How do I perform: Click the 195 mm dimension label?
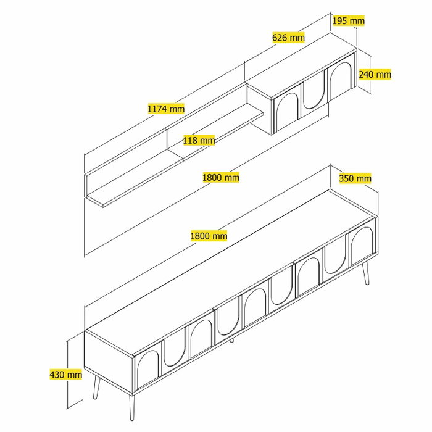[x=349, y=20]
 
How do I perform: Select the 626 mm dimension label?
[x=288, y=38]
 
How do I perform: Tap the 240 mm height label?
[x=375, y=74]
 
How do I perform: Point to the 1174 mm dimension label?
[x=166, y=109]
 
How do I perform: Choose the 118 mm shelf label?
[x=199, y=140]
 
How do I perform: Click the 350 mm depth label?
[x=355, y=178]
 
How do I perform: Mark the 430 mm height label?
[x=66, y=375]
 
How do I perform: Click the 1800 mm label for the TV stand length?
[x=209, y=236]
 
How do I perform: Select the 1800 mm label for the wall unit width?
[x=221, y=177]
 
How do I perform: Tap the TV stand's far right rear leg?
[x=365, y=273]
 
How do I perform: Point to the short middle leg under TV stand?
[x=231, y=340]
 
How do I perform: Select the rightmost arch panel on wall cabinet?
[x=340, y=79]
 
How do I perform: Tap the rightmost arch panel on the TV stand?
[x=362, y=244]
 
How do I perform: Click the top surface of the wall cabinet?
[x=301, y=65]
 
